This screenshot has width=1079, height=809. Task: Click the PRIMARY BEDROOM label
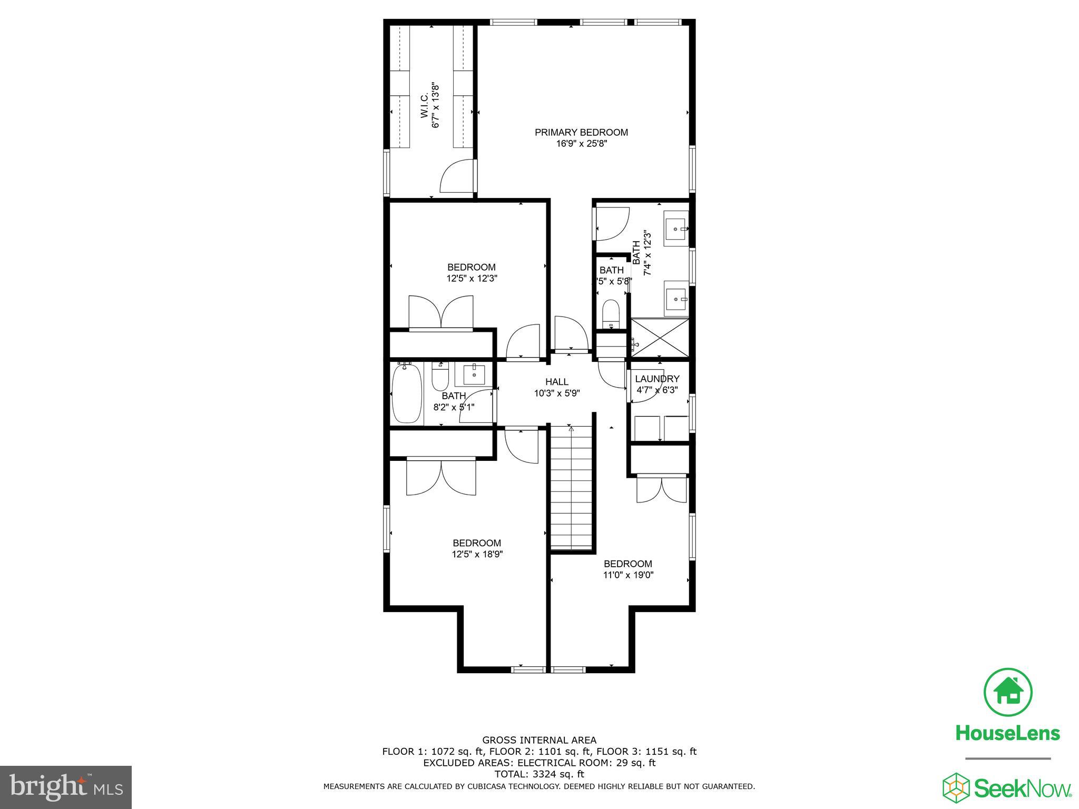pos(581,132)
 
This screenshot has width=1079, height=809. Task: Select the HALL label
pos(557,382)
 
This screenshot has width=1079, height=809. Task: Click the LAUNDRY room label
pos(657,379)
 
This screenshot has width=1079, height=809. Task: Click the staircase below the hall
pos(572,487)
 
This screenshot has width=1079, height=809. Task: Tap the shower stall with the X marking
pos(659,337)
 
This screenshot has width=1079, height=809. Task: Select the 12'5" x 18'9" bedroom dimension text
pos(477,554)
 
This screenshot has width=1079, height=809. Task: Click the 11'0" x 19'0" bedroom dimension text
pos(628,575)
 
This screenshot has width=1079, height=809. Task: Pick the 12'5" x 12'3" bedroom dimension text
pos(472,278)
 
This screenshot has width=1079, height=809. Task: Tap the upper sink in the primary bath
pos(675,229)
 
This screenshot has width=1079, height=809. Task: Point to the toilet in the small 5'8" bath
pos(611,314)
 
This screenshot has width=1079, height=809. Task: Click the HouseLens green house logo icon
pos(1008,693)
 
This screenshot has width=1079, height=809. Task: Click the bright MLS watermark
pos(66,787)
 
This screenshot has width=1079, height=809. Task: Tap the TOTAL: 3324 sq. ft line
pos(539,774)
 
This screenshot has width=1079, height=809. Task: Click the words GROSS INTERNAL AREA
pos(539,740)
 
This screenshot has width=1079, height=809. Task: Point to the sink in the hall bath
pos(475,374)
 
